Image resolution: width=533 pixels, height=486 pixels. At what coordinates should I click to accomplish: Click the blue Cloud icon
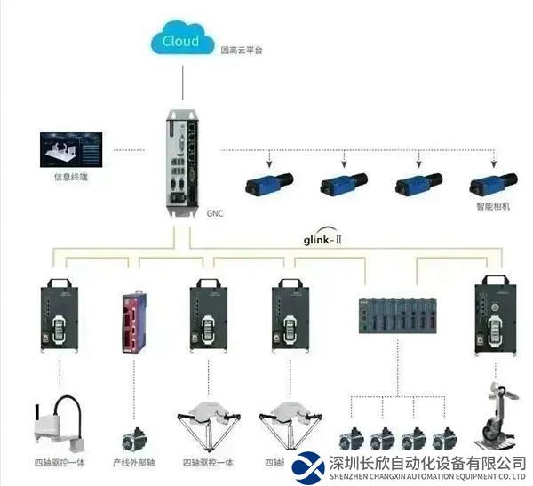(x=182, y=41)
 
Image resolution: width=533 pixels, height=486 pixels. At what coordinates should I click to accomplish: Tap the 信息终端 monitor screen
(x=71, y=151)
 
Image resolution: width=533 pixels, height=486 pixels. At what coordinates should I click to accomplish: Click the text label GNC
(x=214, y=214)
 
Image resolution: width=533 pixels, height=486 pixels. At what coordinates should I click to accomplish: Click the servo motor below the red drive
(x=135, y=436)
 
